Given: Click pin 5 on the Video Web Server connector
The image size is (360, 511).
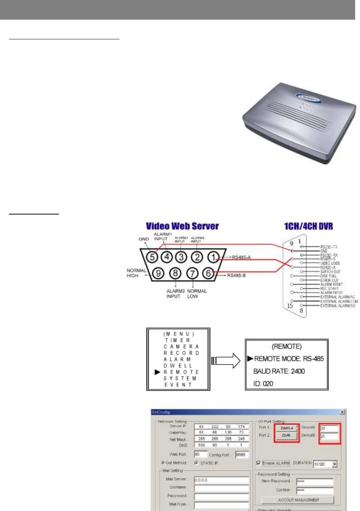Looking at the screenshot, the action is (152, 257).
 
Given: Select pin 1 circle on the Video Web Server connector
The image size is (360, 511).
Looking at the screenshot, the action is (213, 257).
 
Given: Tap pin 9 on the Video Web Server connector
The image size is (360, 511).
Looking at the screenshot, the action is (158, 273).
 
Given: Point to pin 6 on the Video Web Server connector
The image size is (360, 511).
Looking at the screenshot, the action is (208, 273).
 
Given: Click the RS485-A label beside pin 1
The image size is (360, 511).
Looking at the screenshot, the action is (241, 257).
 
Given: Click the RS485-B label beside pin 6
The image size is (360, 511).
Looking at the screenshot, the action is (236, 275).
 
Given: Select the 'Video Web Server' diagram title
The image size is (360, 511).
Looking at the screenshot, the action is (182, 226).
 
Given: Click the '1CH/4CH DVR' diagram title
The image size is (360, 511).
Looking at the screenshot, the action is (308, 226).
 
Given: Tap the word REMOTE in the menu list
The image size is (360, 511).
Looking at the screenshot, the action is (181, 372).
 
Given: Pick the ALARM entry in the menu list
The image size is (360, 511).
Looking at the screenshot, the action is (177, 359).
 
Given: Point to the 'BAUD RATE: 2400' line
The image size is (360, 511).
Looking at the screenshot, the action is (279, 371).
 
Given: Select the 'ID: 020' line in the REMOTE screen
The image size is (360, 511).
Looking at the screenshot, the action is (263, 384).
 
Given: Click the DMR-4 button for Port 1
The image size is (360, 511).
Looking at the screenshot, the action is (287, 428).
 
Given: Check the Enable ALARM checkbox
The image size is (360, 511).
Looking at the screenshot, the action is (259, 463).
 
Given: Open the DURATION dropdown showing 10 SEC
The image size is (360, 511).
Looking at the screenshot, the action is (334, 464).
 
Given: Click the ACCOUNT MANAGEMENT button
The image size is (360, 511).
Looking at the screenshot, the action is (298, 500).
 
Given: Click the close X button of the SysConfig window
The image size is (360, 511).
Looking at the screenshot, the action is (342, 412).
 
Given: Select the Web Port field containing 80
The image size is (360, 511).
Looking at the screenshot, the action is (200, 454).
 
